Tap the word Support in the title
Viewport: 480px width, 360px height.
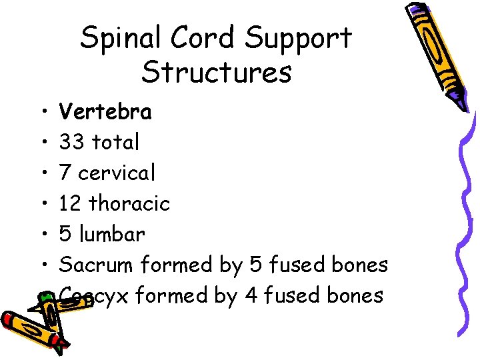[x=298, y=39]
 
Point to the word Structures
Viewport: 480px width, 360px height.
[x=216, y=73]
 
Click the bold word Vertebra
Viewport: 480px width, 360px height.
[x=105, y=111]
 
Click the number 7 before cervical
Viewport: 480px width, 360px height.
[x=65, y=173]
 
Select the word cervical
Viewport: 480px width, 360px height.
[x=117, y=173]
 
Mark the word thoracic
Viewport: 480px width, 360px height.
[x=139, y=203]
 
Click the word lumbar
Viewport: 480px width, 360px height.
[x=111, y=234]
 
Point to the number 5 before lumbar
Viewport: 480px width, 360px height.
[x=65, y=234]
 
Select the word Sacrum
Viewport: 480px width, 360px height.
[x=96, y=265]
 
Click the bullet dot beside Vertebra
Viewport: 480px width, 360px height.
[x=42, y=112]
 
